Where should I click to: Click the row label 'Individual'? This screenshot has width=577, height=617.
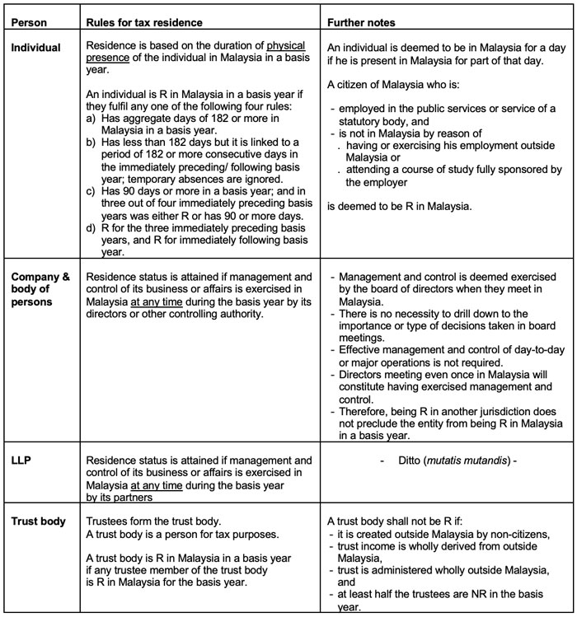point(36,48)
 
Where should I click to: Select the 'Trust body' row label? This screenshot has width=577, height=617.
point(35,521)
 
